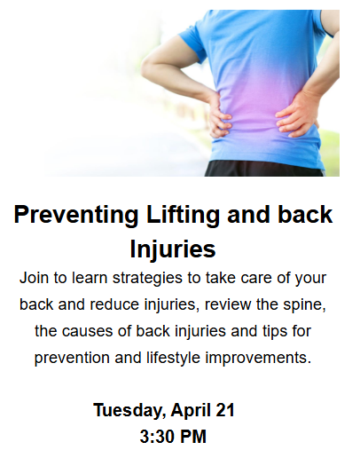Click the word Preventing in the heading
pos(76,216)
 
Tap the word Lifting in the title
pos(183,216)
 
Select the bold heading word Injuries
pos(173,249)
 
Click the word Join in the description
pos(34,278)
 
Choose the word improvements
pos(258,359)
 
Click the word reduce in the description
pos(114,304)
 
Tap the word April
pos(191,411)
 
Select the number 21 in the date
pos(225,410)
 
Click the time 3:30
pos(157,437)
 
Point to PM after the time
pos(192,437)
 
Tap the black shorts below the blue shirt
pos(264,169)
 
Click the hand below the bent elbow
pos(219,115)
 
